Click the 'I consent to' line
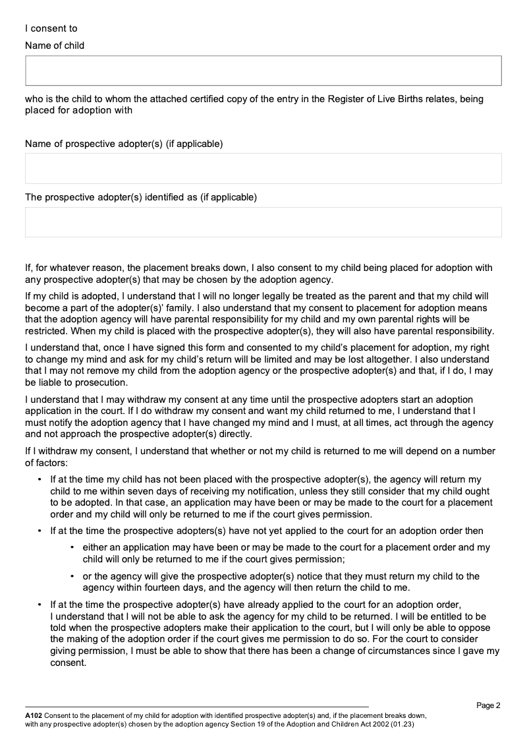coord(51,28)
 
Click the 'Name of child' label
coord(55,45)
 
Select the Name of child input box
coord(263,71)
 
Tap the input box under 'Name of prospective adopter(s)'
coord(263,168)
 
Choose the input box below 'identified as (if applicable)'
coord(263,222)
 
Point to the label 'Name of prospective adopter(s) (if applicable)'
coord(124,144)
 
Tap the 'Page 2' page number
coord(488,705)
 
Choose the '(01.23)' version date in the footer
coord(402,723)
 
